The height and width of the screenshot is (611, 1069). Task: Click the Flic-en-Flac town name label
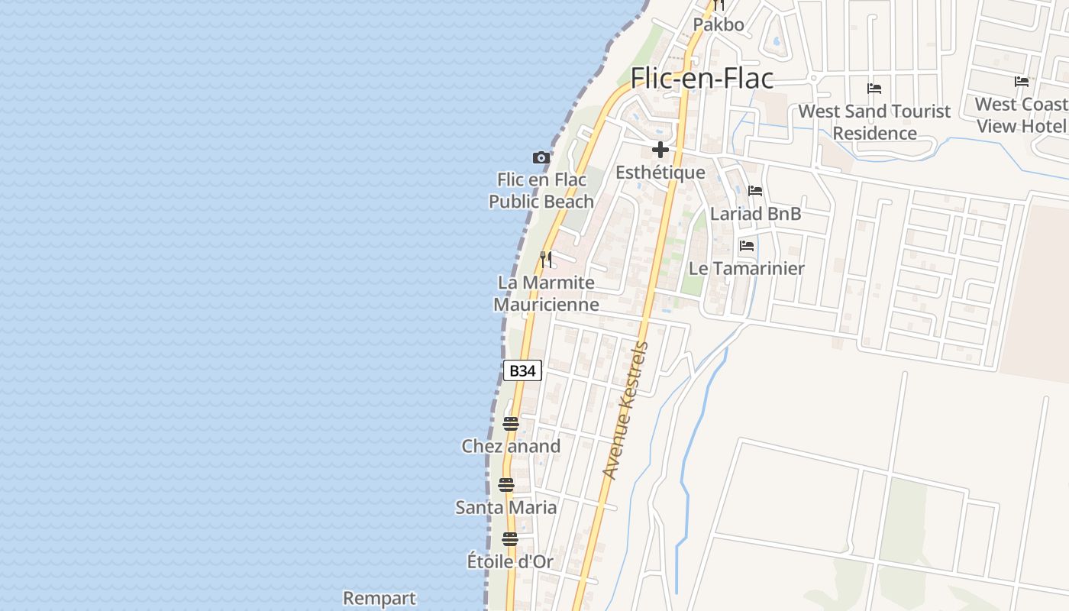(702, 78)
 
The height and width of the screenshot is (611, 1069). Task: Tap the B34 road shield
(522, 370)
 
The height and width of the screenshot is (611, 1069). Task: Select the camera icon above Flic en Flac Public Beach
(541, 158)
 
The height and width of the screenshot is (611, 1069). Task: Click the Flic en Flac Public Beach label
(541, 191)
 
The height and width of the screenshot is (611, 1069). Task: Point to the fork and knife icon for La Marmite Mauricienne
(545, 260)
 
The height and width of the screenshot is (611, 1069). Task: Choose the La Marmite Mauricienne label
(546, 293)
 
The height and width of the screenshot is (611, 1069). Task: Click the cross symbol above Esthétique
(660, 150)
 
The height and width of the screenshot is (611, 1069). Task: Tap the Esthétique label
(660, 173)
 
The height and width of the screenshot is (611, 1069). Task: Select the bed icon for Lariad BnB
(755, 191)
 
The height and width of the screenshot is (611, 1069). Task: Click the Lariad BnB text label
(755, 214)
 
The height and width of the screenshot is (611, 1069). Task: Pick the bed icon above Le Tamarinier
(747, 246)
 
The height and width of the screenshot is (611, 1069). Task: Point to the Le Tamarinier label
(746, 269)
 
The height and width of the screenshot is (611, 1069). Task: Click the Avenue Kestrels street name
(625, 410)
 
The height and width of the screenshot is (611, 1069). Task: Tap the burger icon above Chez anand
(511, 424)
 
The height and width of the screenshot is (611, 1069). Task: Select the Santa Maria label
(506, 507)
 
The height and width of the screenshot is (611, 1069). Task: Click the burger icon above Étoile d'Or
(510, 539)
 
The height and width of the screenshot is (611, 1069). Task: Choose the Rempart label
(379, 598)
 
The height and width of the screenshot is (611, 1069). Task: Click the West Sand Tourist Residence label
(874, 122)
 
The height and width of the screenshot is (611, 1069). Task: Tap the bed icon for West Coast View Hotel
(1022, 82)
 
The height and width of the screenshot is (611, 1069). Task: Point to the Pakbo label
(718, 24)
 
